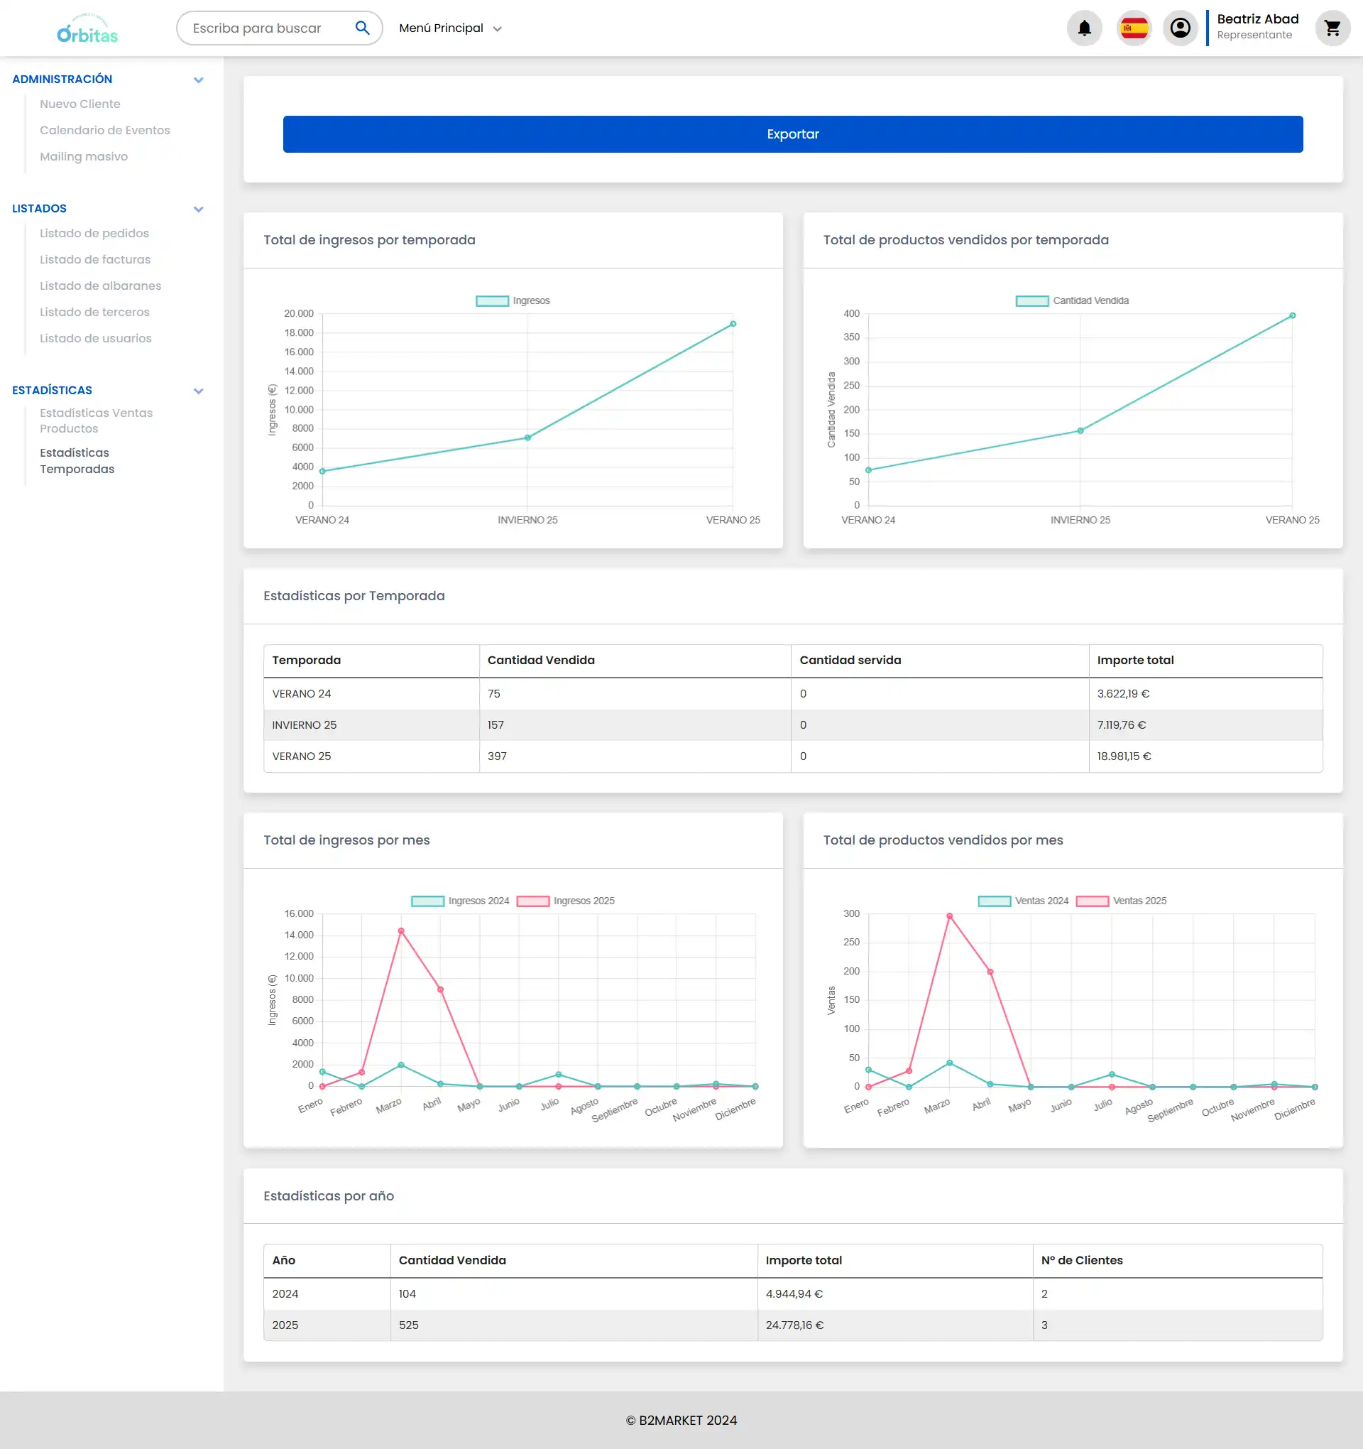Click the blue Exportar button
792,134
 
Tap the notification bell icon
1084,28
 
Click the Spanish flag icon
1134,28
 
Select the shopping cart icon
1332,28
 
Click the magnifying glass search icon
362,28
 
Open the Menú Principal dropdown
450,28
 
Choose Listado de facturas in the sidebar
94,259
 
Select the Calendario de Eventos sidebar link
104,131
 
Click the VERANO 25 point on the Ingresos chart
733,325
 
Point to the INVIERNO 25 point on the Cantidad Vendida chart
1080,430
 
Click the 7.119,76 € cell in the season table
1121,725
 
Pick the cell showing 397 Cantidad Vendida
497,756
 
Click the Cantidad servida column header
850,661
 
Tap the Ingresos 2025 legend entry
566,901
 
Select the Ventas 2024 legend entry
1024,901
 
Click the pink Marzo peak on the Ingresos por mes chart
400,931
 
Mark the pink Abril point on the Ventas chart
990,972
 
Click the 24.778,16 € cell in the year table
794,1326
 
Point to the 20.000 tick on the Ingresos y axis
299,314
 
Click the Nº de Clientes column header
1081,1261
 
